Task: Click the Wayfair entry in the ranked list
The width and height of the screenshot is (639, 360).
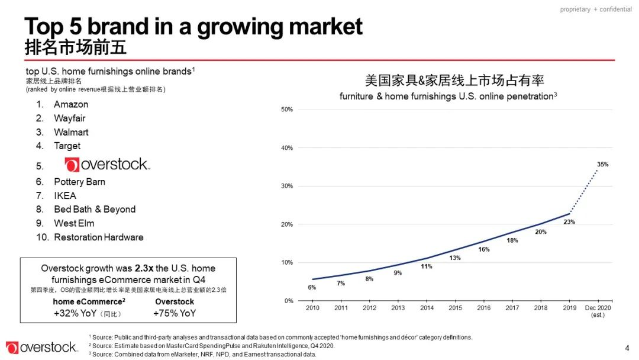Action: pyautogui.click(x=70, y=118)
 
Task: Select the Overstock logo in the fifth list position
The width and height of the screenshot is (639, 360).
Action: pyautogui.click(x=107, y=165)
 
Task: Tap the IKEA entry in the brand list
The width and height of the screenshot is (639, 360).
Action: pyautogui.click(x=65, y=195)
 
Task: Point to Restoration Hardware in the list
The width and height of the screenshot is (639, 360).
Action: pyautogui.click(x=98, y=237)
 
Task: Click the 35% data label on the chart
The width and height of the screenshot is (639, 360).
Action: pyautogui.click(x=602, y=164)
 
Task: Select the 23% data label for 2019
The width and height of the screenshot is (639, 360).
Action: pyautogui.click(x=569, y=221)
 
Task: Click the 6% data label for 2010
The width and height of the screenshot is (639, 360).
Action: pyautogui.click(x=312, y=287)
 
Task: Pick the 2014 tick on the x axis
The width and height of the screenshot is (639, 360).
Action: pyautogui.click(x=427, y=308)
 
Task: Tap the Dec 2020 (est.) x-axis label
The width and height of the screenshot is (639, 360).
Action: pyautogui.click(x=598, y=311)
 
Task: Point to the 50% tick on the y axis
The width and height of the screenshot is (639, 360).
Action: pyautogui.click(x=287, y=110)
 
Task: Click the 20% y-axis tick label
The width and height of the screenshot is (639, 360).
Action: pyautogui.click(x=287, y=224)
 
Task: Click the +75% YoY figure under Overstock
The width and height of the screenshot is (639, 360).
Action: pyautogui.click(x=174, y=313)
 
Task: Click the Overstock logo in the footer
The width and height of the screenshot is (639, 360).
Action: pyautogui.click(x=41, y=348)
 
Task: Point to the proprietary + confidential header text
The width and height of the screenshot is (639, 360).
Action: pyautogui.click(x=596, y=9)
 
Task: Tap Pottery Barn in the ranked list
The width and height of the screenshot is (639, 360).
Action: pyautogui.click(x=79, y=182)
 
